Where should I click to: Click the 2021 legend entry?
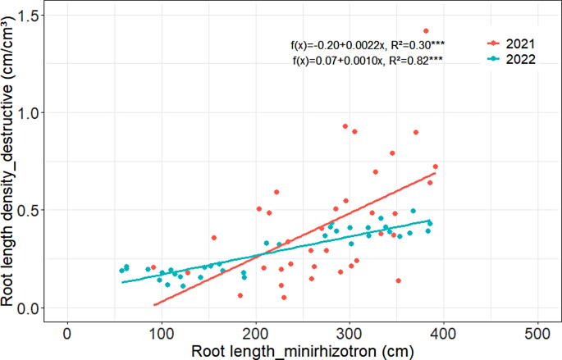514,43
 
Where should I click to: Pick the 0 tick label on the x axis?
66,336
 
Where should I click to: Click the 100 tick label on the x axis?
161,336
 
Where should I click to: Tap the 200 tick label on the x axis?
255,336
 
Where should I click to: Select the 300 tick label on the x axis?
350,336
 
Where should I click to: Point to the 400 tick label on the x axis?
444,336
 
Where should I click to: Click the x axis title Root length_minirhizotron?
301,351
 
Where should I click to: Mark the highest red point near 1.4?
426,31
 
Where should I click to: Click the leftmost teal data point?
121,271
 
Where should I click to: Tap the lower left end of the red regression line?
153,305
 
